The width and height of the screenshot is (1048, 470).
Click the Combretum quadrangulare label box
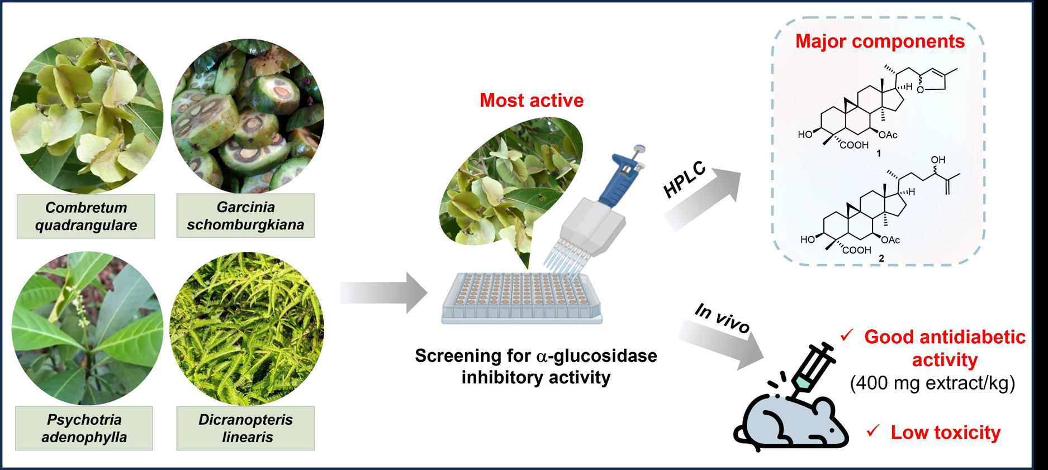(86, 216)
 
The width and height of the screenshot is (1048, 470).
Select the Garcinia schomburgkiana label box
(245, 215)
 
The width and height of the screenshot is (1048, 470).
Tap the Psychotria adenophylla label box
(84, 428)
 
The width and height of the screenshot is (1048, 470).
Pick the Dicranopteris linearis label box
(245, 428)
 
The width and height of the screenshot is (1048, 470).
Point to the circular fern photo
(246, 328)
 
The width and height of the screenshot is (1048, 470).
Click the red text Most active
(531, 100)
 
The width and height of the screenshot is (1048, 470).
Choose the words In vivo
(722, 319)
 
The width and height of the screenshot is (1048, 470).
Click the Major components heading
(880, 41)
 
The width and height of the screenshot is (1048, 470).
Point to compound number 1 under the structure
(879, 154)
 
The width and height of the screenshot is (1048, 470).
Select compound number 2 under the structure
(881, 258)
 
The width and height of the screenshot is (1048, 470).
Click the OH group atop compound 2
(938, 160)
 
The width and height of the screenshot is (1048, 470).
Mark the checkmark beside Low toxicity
(872, 431)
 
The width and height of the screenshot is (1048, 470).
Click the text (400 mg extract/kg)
(932, 383)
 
